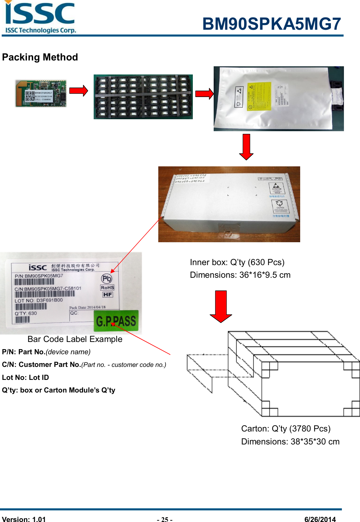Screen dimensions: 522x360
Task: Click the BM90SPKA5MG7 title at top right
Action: coord(271,24)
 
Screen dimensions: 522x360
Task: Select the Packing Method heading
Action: coord(40,57)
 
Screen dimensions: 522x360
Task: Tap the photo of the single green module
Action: coord(41,94)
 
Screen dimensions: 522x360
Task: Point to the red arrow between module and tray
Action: coord(79,91)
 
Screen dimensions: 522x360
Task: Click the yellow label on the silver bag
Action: coord(259,96)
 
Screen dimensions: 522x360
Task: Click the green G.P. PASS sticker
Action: coord(116,321)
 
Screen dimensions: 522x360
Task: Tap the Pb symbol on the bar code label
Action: coord(107,279)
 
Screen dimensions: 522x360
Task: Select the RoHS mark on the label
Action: coord(107,288)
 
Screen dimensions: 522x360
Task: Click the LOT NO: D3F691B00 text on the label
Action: coord(39,301)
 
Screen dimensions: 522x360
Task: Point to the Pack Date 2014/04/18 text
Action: coord(88,307)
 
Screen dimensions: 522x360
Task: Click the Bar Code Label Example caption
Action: coord(75,339)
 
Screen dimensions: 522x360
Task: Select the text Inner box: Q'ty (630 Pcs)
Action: coord(237,262)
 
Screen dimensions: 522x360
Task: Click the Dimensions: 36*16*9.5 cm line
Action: coord(240,275)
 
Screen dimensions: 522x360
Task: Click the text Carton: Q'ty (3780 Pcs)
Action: coord(286,429)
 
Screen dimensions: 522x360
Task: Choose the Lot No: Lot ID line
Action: coord(26,377)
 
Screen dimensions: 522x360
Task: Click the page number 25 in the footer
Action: coord(164,520)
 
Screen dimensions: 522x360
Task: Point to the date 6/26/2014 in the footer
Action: coord(320,520)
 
